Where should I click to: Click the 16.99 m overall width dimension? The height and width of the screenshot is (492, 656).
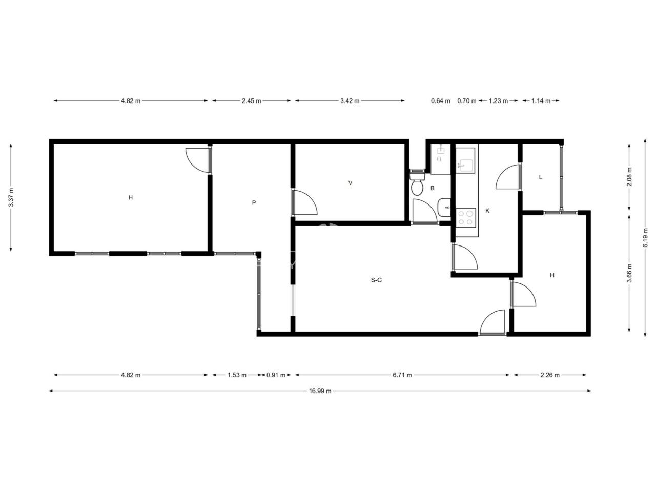320,391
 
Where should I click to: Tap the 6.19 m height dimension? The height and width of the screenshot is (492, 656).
645,237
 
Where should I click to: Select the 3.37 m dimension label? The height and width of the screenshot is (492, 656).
11,197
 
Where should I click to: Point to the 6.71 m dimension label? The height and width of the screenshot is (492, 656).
402,375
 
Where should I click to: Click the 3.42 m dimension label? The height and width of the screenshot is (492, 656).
350,101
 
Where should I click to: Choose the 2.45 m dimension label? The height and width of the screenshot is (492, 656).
251,101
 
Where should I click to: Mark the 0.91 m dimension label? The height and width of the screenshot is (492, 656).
276,375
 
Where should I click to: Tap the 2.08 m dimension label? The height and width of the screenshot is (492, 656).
629,177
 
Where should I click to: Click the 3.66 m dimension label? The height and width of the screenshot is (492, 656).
629,273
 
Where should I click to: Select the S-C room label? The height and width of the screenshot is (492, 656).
376,280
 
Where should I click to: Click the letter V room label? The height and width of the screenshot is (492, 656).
350,183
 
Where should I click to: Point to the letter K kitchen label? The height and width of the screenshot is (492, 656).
487,211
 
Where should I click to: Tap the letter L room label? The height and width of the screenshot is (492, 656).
540,177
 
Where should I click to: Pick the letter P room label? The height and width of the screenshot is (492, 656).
254,203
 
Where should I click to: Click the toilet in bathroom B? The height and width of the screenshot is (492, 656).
417,183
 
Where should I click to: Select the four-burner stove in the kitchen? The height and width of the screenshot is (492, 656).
466,218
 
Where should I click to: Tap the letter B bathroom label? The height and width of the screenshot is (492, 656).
432,188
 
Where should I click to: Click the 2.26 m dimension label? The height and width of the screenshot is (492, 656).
550,375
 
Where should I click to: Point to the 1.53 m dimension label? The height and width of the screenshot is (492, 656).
237,375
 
